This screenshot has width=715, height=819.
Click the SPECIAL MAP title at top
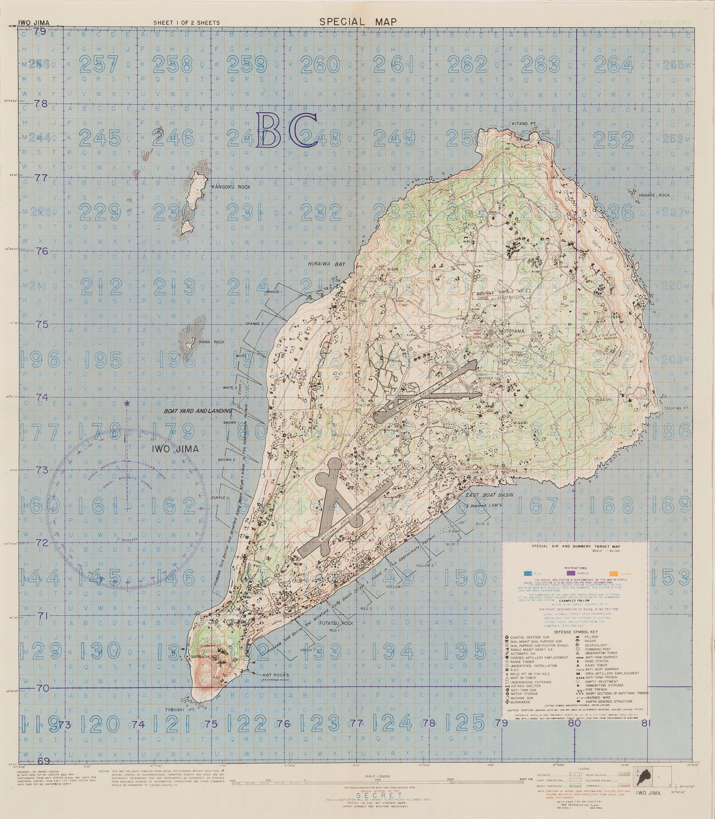point(358,22)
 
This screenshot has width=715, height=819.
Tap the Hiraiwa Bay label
point(326,264)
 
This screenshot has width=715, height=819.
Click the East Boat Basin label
point(489,495)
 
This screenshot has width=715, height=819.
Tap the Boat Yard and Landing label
point(197,411)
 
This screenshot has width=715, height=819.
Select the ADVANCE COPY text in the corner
point(664,23)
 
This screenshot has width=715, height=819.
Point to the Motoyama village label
point(511,331)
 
